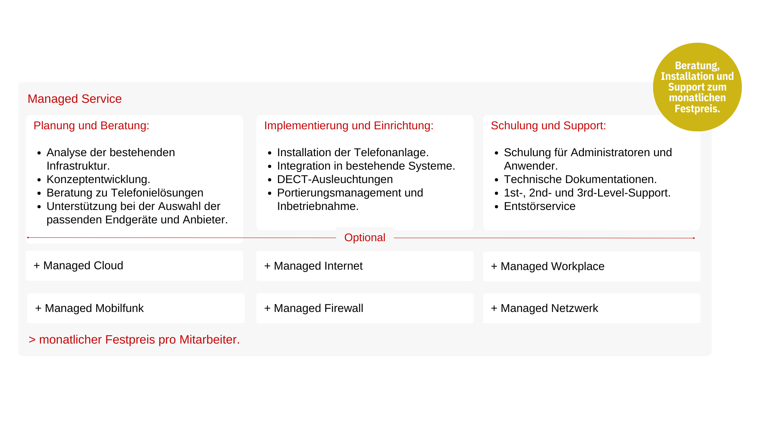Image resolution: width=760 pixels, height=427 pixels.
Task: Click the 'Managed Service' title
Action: (x=74, y=99)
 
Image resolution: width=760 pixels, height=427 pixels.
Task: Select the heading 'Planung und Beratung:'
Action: (x=91, y=126)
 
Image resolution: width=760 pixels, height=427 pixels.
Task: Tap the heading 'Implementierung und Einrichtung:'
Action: (x=349, y=126)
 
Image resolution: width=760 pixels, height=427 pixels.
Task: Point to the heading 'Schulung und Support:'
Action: (x=548, y=126)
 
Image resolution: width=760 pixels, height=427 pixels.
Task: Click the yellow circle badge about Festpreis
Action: (x=697, y=87)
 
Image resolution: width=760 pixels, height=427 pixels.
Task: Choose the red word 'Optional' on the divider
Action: (x=365, y=238)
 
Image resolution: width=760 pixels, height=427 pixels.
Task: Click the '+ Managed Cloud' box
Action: (x=135, y=266)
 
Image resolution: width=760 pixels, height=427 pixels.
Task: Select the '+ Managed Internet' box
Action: (x=365, y=266)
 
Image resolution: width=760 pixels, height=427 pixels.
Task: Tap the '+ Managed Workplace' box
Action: (x=591, y=266)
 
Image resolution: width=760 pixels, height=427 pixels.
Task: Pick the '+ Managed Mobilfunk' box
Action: (x=136, y=308)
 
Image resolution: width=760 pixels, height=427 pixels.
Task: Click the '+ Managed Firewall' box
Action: (x=365, y=308)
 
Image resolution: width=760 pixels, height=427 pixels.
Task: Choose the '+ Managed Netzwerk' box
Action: (x=591, y=308)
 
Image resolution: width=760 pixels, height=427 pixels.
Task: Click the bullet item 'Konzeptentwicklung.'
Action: (x=98, y=179)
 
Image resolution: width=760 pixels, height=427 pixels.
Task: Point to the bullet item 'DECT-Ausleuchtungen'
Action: (x=335, y=179)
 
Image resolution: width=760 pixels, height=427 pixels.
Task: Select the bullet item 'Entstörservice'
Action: (x=540, y=206)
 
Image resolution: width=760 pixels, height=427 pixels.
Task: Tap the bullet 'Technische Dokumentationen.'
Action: (x=580, y=179)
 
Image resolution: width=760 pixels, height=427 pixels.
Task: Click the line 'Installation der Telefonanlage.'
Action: (x=353, y=153)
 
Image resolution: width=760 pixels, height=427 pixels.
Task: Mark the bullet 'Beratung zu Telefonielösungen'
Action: (x=125, y=193)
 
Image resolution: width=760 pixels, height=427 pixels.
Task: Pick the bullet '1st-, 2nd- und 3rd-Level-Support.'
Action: (x=587, y=193)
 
